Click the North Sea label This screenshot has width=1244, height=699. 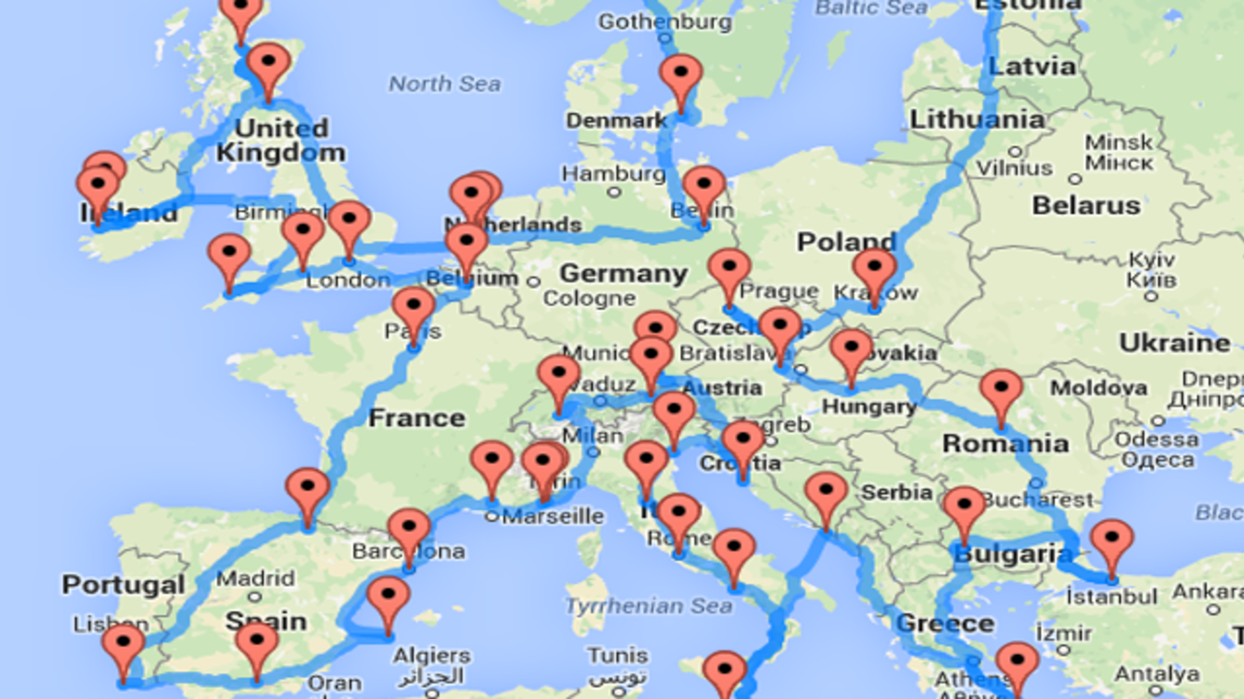(x=444, y=84)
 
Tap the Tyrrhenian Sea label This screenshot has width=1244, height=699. (x=648, y=605)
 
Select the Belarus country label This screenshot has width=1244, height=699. (x=1086, y=206)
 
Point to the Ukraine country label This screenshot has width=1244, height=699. (x=1175, y=343)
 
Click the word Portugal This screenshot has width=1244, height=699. (x=123, y=585)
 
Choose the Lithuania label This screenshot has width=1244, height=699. (x=977, y=119)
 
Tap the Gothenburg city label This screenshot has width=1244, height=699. (x=665, y=22)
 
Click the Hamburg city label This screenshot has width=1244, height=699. (x=614, y=174)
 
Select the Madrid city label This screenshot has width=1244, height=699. (x=256, y=578)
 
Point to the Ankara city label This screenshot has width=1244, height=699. (x=1208, y=591)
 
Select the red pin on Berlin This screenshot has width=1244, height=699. (x=704, y=186)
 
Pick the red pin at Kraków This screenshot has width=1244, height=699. (x=874, y=269)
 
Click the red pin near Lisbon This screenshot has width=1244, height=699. (x=123, y=644)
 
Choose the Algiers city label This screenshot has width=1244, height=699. (x=431, y=655)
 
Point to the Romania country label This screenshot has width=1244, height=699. (x=1005, y=444)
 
